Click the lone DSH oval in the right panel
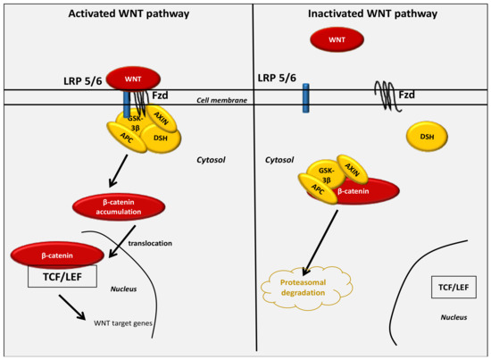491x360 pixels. [427, 136]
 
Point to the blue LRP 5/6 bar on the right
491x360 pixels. [304, 96]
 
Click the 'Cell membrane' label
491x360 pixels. [221, 100]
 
